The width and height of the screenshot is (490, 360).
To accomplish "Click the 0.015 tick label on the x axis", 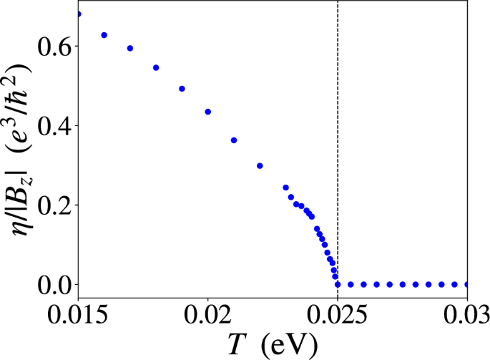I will pyautogui.click(x=78, y=315).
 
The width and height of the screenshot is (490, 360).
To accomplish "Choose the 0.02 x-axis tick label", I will pyautogui.click(x=207, y=315).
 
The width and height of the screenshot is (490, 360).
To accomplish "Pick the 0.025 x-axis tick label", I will pyautogui.click(x=338, y=315).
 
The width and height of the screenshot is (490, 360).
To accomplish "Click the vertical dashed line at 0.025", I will pyautogui.click(x=338, y=143).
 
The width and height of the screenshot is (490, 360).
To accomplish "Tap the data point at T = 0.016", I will pyautogui.click(x=104, y=35).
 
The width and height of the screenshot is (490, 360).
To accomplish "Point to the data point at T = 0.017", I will pyautogui.click(x=130, y=48).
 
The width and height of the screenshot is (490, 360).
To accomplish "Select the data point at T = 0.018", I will pyautogui.click(x=156, y=67).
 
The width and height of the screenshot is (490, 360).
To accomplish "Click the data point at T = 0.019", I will pyautogui.click(x=182, y=89).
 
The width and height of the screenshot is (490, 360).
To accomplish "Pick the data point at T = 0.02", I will pyautogui.click(x=207, y=112).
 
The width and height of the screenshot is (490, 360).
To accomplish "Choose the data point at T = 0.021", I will pyautogui.click(x=234, y=140).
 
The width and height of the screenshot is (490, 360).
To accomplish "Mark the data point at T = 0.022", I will pyautogui.click(x=260, y=165).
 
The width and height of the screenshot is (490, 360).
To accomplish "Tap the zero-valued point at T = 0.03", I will pyautogui.click(x=467, y=284).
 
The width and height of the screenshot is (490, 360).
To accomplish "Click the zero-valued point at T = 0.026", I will pyautogui.click(x=363, y=284).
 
